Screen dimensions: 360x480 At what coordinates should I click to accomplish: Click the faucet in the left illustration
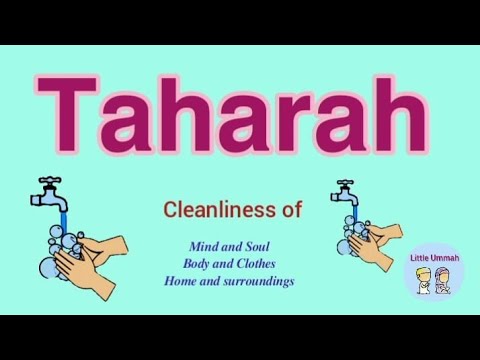pyautogui.click(x=48, y=192)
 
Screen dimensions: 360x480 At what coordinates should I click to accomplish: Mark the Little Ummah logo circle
pyautogui.click(x=435, y=271)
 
